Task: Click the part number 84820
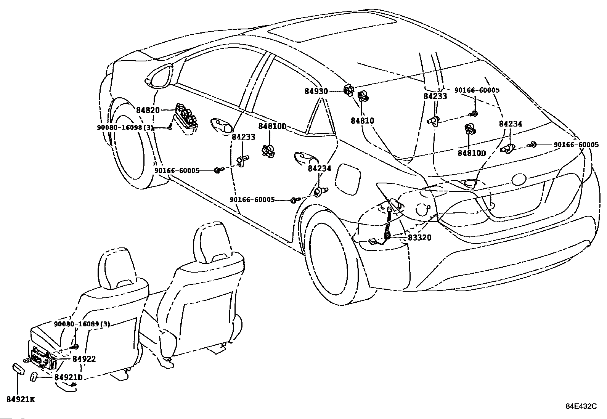(x=148, y=111)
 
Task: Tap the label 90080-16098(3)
(x=125, y=128)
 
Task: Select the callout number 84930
(x=316, y=92)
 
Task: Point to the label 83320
(x=419, y=238)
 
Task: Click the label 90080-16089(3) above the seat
(x=82, y=324)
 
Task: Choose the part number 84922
(x=84, y=359)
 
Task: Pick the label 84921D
(x=68, y=377)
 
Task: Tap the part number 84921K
(x=21, y=400)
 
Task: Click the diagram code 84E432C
(x=581, y=406)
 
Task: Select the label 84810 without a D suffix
(x=362, y=121)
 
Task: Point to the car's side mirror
(x=159, y=76)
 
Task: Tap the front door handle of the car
(x=221, y=125)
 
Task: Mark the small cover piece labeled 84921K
(x=19, y=369)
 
